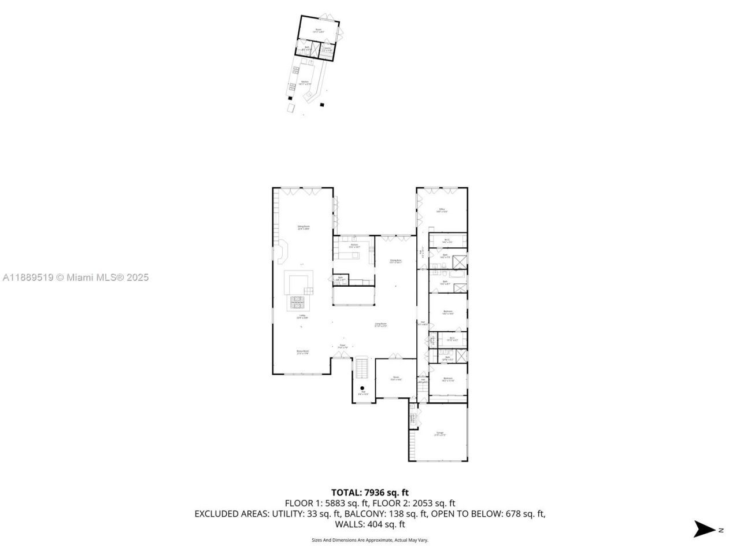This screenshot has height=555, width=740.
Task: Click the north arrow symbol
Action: (x=704, y=529)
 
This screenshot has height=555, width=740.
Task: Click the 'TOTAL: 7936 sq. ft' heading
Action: (x=370, y=493)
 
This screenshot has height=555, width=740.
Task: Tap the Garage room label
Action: (x=440, y=434)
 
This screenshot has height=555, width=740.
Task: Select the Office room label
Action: (x=442, y=210)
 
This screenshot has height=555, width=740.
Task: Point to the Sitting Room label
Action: (x=304, y=228)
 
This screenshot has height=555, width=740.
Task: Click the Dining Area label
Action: (x=395, y=261)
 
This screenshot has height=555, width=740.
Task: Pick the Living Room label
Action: (x=380, y=325)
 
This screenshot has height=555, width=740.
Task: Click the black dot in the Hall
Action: (x=362, y=388)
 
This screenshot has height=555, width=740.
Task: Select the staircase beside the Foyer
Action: (x=361, y=367)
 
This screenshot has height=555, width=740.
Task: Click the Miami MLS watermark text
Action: (x=75, y=277)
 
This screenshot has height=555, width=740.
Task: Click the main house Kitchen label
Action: (x=354, y=246)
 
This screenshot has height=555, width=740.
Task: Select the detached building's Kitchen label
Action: (x=305, y=83)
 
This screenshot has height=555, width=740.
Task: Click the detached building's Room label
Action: (x=318, y=31)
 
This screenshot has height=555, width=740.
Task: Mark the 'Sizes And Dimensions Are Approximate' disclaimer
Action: (x=370, y=541)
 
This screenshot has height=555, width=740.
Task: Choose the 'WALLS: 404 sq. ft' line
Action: (x=370, y=524)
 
